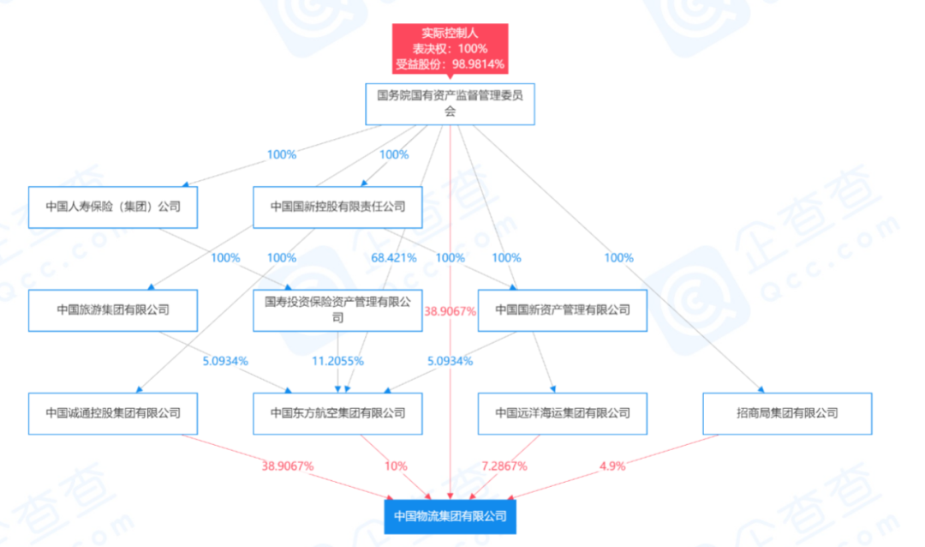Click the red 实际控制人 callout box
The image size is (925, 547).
451,48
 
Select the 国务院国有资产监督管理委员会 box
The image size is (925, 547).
451,104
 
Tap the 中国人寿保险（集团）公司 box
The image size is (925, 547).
113,207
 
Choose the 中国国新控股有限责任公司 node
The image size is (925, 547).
337,207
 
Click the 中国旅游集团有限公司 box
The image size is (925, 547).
113,310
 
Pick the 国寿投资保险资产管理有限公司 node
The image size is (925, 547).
337,310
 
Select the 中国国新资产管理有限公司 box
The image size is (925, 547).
562,310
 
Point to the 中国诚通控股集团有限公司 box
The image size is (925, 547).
113,413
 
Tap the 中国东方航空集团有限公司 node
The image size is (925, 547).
337,413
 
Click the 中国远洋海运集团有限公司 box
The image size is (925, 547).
562,413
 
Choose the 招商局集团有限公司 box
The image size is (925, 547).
787,413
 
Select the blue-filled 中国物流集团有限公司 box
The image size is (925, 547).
451,517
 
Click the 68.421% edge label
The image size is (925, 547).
393,258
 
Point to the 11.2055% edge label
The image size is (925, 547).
337,361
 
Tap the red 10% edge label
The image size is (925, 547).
396,466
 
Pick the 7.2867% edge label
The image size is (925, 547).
504,466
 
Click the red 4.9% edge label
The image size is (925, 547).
612,466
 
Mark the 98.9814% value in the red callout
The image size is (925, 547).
478,63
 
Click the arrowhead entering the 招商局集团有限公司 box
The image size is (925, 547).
761,389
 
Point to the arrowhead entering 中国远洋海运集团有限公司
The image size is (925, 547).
553,389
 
